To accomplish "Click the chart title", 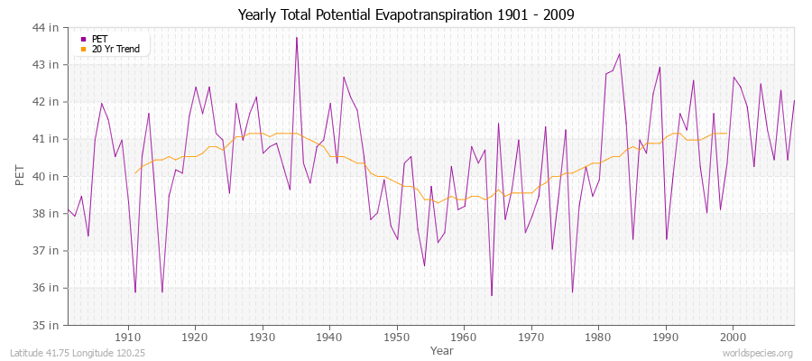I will tap(405, 14).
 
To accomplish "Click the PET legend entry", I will tap(100, 39).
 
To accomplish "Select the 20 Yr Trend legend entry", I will tap(115, 49).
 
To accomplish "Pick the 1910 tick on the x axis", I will tap(128, 337).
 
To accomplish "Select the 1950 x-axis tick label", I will tap(397, 337).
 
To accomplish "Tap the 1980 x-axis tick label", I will tap(598, 337).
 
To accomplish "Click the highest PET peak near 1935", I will tap(296, 37).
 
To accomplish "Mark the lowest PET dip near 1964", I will tap(492, 295).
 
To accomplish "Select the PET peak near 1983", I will tap(619, 54).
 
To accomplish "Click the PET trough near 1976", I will tap(572, 292).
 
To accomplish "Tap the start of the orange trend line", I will tap(135, 173).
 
